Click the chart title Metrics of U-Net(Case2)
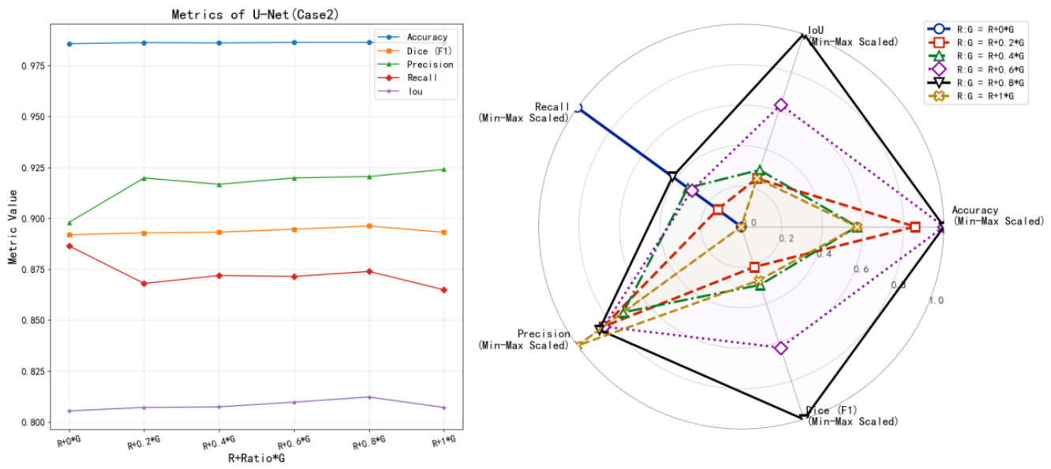[255, 14]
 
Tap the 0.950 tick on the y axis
[33, 117]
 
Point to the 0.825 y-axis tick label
[33, 371]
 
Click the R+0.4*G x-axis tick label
[219, 442]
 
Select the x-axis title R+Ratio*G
[256, 458]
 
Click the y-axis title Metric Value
[13, 227]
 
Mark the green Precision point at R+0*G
[69, 222]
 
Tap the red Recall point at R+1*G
[444, 290]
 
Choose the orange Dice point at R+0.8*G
[369, 226]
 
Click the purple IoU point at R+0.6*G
[294, 402]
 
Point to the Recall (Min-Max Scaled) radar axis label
[524, 113]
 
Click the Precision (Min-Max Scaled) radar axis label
[524, 340]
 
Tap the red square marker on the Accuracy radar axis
[915, 227]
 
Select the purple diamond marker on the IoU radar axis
[781, 105]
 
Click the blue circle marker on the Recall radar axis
[578, 108]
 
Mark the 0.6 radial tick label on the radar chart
[861, 270]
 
